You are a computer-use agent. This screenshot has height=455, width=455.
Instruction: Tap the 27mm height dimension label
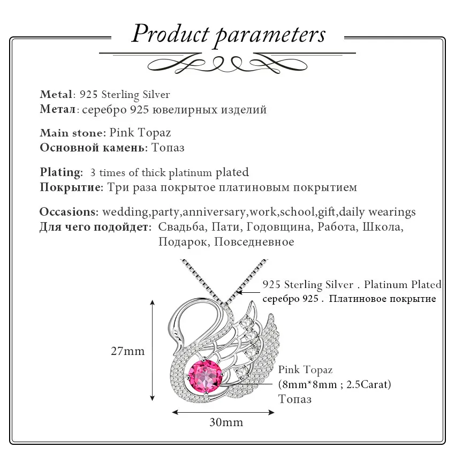[x=127, y=351]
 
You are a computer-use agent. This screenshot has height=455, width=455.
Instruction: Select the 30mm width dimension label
[x=226, y=422]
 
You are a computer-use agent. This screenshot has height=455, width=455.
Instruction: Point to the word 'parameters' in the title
[x=270, y=34]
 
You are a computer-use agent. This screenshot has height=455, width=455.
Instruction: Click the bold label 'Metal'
[x=56, y=95]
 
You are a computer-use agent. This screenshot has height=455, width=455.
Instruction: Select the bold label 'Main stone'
[x=72, y=133]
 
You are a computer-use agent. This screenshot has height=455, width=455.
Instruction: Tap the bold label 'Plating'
[x=60, y=172]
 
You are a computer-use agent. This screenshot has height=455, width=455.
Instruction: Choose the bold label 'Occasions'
[x=68, y=212]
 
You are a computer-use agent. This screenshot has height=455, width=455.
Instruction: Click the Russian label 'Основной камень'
[x=93, y=148]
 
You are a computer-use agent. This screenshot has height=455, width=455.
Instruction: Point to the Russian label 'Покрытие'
[x=71, y=187]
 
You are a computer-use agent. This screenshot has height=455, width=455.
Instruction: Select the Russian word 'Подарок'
[x=182, y=242]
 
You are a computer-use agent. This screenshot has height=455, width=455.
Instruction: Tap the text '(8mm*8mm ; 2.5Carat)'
[x=335, y=384]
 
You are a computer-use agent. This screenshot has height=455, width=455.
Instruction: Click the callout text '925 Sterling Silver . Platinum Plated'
[x=352, y=285]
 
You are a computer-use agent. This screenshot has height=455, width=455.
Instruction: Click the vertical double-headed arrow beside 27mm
[x=153, y=351]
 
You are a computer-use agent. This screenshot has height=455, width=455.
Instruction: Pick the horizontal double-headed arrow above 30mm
[x=224, y=412]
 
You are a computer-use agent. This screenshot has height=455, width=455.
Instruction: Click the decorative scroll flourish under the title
[x=227, y=64]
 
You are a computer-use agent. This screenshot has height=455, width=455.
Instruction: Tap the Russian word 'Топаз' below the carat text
[x=295, y=399]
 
